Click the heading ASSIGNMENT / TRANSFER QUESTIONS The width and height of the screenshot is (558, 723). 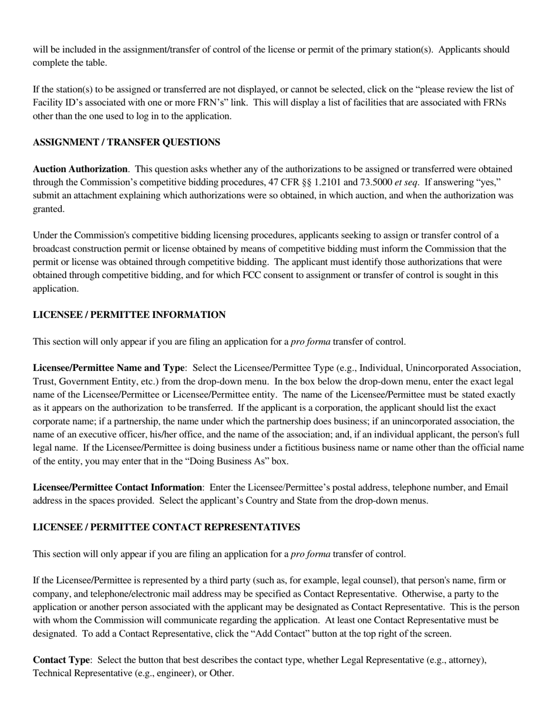click(x=126, y=142)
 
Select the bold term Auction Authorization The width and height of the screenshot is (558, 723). click(x=80, y=169)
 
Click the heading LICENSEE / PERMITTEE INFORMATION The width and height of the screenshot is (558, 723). click(x=129, y=315)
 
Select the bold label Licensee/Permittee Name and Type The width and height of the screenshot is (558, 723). click(x=109, y=368)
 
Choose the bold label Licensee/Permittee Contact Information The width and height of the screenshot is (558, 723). click(x=117, y=488)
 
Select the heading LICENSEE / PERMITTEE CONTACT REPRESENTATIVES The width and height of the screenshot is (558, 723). click(x=166, y=527)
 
